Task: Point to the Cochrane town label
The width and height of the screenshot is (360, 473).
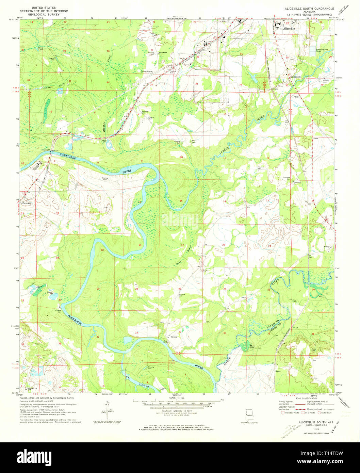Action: point(27,203)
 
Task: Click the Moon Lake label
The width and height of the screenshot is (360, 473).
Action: point(252,347)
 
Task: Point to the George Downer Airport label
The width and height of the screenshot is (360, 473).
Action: point(147,72)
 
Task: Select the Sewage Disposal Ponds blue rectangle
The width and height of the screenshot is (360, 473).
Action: point(312,51)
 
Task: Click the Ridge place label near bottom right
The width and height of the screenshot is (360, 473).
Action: point(277,371)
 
